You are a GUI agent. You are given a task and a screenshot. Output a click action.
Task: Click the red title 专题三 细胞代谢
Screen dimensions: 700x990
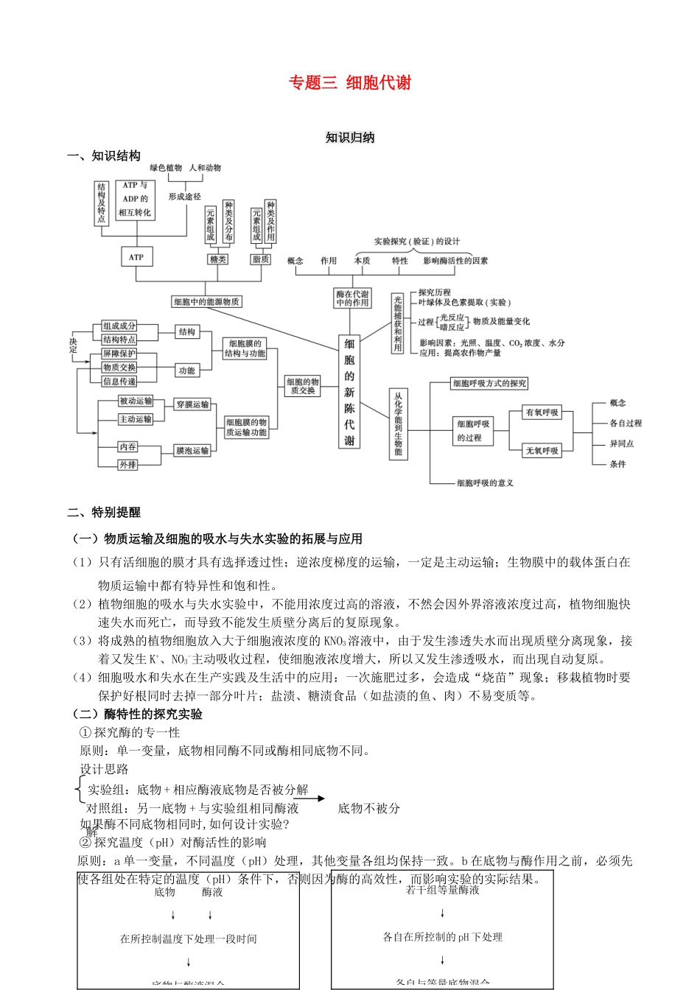pos(350,82)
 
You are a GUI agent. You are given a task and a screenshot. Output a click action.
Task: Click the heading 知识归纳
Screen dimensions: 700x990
pos(350,138)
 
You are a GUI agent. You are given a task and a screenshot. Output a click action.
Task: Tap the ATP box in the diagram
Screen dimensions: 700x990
pos(136,257)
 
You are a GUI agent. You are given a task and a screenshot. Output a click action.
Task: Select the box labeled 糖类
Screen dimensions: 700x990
pos(218,259)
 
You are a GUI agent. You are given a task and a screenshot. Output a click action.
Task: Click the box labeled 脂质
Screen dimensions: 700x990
pos(261,259)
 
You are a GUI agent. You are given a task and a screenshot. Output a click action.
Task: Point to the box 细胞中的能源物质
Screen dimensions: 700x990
pos(206,302)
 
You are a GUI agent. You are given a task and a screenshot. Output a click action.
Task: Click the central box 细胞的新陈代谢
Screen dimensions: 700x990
pos(349,392)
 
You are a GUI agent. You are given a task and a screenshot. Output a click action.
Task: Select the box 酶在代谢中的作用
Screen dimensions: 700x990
pos(352,298)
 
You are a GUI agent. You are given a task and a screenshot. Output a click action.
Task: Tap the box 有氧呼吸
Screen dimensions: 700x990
pos(542,412)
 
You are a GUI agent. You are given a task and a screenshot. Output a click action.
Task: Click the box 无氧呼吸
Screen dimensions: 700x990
pos(542,450)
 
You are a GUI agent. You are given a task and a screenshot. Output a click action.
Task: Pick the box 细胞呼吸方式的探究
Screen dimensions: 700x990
pos(489,384)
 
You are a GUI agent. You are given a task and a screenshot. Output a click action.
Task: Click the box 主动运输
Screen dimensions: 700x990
pos(136,419)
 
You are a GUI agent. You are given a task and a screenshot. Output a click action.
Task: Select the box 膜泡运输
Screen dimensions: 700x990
pos(192,450)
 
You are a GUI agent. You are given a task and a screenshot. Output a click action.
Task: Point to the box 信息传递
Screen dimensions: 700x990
pos(119,381)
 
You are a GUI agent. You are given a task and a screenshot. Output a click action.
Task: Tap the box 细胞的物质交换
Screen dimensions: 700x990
pos(303,386)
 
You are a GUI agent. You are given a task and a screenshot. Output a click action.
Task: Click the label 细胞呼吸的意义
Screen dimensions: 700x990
pos(485,483)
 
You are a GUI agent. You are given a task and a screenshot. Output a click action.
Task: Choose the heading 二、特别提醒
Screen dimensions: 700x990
pos(104,513)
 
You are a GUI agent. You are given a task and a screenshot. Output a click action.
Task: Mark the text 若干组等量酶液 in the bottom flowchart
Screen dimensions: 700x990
pos(442,891)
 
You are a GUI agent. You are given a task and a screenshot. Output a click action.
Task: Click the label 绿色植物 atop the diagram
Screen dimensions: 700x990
pos(166,168)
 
